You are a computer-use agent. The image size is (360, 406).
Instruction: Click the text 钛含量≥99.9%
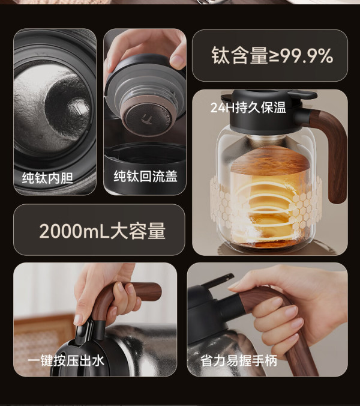(272, 55)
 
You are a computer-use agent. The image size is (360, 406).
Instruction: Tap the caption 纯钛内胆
(47, 178)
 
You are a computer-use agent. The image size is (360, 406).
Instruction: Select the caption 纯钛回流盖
(146, 177)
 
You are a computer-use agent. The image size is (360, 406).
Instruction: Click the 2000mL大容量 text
(102, 231)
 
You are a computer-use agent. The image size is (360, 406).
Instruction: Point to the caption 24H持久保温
(248, 108)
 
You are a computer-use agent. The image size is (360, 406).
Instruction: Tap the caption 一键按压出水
(66, 361)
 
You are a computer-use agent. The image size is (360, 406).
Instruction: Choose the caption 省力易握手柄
(239, 361)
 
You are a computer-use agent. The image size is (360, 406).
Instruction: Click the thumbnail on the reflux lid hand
(177, 61)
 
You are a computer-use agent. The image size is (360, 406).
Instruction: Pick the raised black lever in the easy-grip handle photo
(218, 280)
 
